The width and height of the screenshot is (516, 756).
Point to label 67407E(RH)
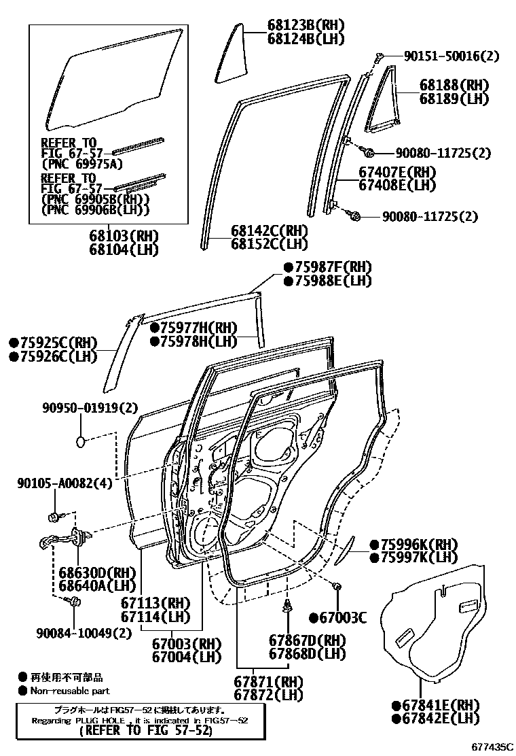coord(397,172)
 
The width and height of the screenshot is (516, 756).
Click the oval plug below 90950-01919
coord(81,442)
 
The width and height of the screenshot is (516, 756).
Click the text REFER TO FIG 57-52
coord(145,731)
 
